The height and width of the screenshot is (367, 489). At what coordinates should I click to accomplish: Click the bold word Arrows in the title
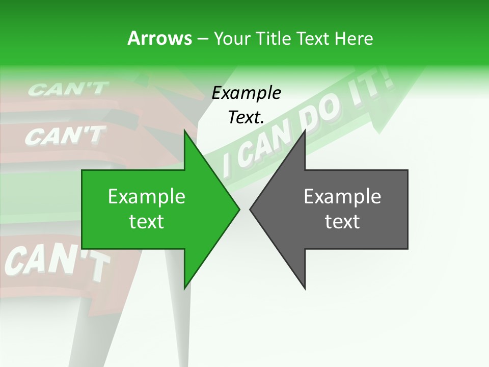pos(159,38)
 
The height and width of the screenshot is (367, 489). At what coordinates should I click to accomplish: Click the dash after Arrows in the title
pos(203,39)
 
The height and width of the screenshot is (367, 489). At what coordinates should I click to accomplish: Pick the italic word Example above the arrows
pos(246,93)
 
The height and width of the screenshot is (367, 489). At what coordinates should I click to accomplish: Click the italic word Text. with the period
pos(246,117)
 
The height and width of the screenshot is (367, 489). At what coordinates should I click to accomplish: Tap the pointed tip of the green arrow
pos(239,209)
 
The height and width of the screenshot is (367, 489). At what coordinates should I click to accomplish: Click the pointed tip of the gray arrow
pos(251,209)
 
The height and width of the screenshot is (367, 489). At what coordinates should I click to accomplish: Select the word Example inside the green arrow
pos(147,196)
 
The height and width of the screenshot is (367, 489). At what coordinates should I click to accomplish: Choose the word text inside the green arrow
pos(147,222)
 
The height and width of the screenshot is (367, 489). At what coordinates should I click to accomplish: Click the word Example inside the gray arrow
pos(342,196)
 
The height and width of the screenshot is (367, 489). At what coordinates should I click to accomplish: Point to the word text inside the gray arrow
pos(342,222)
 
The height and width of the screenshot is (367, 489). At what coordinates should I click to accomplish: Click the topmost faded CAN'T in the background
pos(68,89)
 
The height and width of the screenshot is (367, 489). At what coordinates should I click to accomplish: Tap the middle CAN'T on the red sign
pos(65,136)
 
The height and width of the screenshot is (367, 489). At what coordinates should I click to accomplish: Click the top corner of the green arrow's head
pos(184,130)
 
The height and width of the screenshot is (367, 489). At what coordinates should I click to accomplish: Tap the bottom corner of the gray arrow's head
pos(305,289)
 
